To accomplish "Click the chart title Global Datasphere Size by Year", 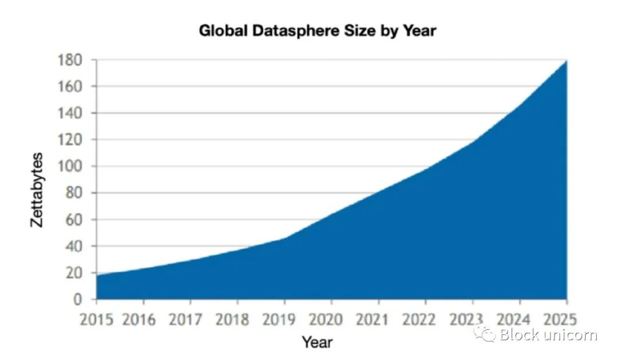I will pyautogui.click(x=317, y=31).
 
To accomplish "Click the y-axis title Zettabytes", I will pyautogui.click(x=37, y=189).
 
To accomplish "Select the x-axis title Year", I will pyautogui.click(x=317, y=342).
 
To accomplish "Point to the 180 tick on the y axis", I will pyautogui.click(x=71, y=60).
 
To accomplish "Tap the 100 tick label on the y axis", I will pyautogui.click(x=71, y=167).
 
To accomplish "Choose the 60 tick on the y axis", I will pyautogui.click(x=74, y=220).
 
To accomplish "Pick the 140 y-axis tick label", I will pyautogui.click(x=71, y=113).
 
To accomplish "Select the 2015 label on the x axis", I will pyautogui.click(x=96, y=319).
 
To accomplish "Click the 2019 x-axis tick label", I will pyautogui.click(x=284, y=319).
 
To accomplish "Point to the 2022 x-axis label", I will pyautogui.click(x=426, y=319).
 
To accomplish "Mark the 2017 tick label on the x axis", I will pyautogui.click(x=190, y=319).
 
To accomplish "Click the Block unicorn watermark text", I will pyautogui.click(x=548, y=335).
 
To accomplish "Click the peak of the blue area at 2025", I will pyautogui.click(x=566, y=61).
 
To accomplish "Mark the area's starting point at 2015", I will pyautogui.click(x=97, y=275).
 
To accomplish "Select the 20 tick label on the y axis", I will pyautogui.click(x=74, y=273).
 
